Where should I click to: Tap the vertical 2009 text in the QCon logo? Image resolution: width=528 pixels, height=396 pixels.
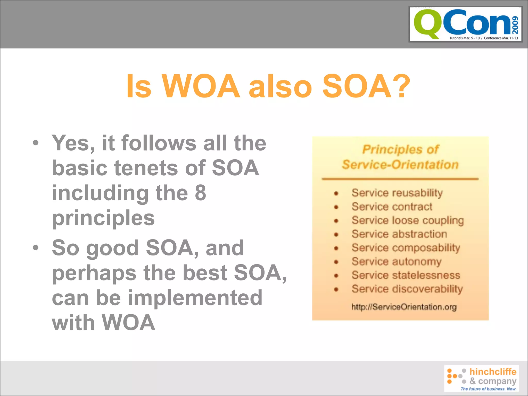coord(515,25)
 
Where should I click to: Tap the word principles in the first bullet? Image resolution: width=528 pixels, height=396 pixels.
coord(103,218)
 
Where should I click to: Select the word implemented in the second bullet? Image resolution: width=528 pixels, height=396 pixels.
coord(195,298)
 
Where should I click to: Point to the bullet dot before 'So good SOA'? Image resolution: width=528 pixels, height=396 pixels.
coord(36,248)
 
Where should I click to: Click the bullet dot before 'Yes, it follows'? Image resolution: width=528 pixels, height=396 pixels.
coord(36,143)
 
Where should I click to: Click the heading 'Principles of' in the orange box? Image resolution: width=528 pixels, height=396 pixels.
coord(400,150)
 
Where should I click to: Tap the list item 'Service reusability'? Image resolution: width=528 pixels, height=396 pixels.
coord(397,193)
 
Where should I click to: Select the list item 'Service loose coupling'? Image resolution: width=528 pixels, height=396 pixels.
coord(407,220)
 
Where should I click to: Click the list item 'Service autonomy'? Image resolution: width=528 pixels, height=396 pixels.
coord(397,261)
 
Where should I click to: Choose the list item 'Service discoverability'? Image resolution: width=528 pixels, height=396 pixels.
coord(407,289)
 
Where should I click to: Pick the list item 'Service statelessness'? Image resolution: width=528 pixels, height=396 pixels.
coord(406,275)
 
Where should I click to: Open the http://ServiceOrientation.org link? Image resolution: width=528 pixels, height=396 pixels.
coord(404,307)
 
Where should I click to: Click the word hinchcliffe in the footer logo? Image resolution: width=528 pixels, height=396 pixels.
coord(493,372)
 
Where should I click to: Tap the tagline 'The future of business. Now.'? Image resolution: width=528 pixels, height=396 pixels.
coord(488,389)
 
